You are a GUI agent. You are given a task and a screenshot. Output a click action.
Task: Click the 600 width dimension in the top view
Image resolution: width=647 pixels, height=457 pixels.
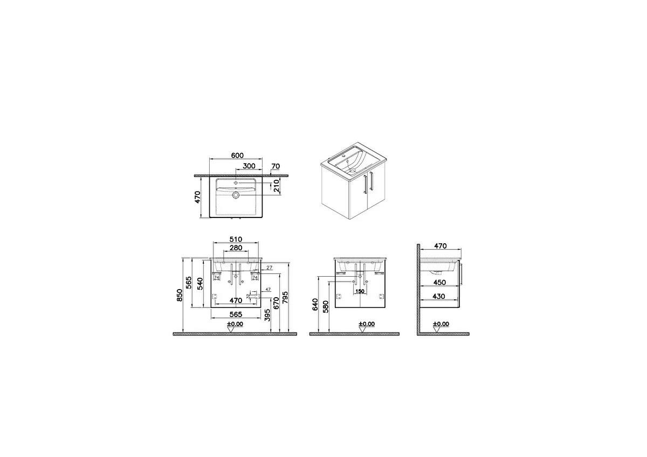tap(236, 155)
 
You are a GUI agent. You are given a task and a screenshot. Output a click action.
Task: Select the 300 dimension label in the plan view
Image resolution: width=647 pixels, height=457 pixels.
tap(249, 166)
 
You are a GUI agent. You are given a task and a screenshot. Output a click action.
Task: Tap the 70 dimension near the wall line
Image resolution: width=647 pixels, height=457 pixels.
tap(276, 166)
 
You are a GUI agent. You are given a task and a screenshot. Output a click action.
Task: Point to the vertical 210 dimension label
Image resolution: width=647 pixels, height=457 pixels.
tap(276, 186)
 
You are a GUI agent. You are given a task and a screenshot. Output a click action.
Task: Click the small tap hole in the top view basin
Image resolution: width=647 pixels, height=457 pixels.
tap(236, 184)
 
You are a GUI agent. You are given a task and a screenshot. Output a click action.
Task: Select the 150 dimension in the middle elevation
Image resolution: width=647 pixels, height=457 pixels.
tap(360, 291)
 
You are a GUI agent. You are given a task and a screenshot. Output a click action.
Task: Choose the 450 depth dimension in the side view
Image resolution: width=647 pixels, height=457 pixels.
tap(440, 282)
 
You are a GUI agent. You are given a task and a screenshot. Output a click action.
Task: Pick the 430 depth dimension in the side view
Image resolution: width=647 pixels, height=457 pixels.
tap(440, 296)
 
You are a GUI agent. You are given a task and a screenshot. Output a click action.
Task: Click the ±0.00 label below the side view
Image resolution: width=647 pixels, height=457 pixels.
tap(441, 325)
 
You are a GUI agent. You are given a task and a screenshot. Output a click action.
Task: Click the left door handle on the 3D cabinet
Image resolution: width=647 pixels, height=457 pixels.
tap(366, 183)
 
